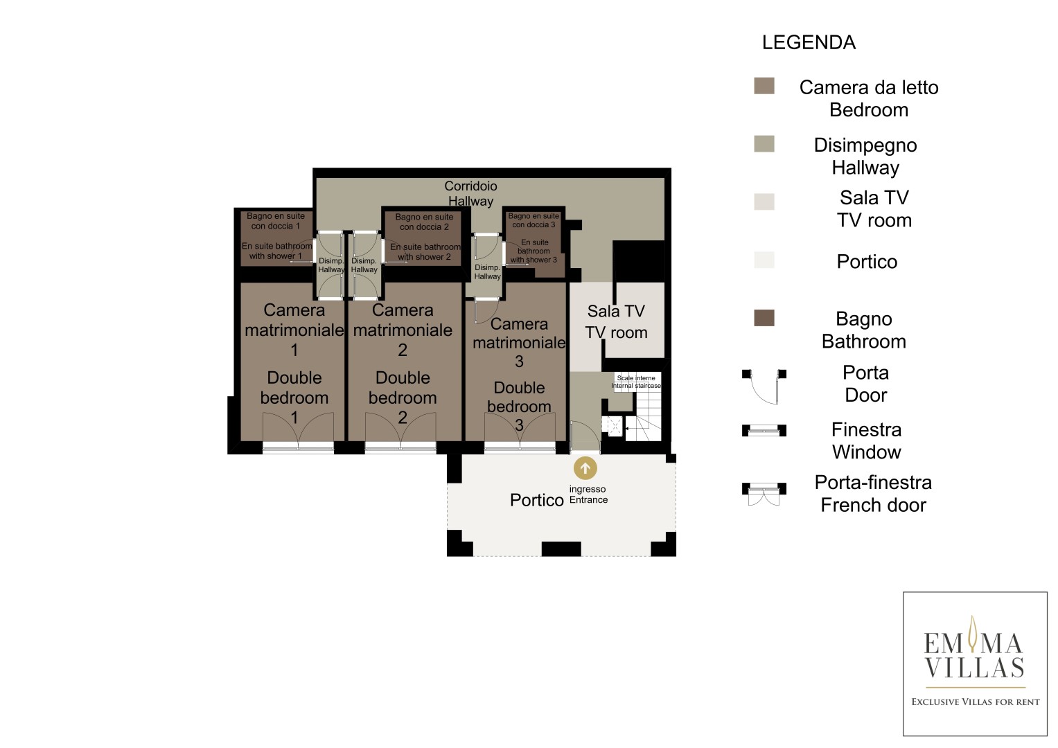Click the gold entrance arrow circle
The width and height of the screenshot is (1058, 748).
(585, 468)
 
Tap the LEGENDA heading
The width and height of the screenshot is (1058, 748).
(809, 42)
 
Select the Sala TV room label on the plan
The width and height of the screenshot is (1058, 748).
(616, 321)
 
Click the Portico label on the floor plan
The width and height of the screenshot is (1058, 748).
(536, 499)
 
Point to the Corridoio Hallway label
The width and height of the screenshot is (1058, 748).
(470, 193)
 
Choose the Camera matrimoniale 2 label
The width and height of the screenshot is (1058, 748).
(403, 330)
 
